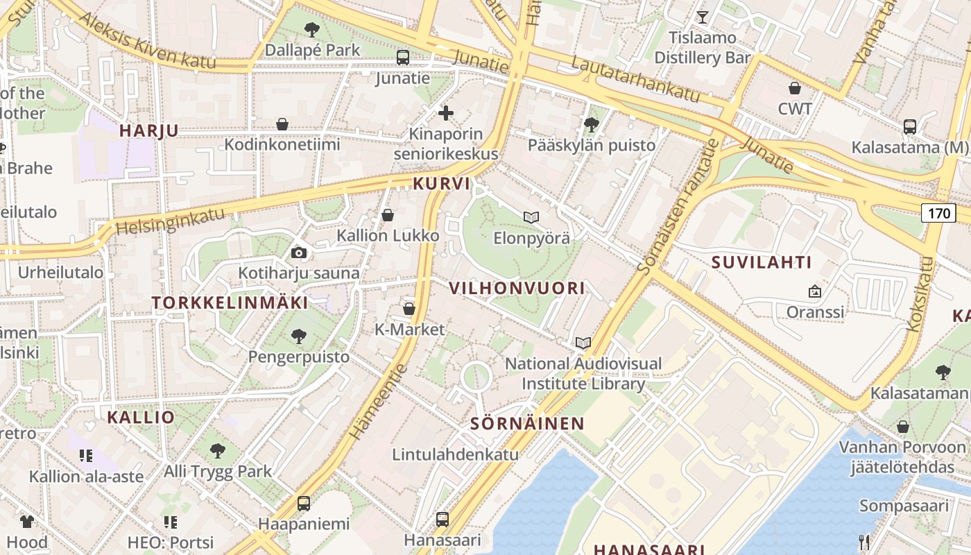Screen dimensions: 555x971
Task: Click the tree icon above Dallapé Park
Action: click(312, 29)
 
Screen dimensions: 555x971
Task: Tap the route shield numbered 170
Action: click(938, 212)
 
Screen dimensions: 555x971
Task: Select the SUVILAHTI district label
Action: click(761, 262)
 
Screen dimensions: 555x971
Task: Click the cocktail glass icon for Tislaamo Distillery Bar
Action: click(703, 17)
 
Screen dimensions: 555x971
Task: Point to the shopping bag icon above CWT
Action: click(795, 88)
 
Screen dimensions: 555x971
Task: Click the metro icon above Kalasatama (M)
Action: click(909, 127)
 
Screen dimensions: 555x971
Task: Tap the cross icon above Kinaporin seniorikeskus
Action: click(446, 112)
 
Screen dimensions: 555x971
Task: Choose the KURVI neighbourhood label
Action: click(441, 184)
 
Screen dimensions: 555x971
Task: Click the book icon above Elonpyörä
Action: click(531, 218)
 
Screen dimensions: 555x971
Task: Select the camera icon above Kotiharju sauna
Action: click(299, 253)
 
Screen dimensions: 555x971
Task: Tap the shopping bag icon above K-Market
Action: click(409, 309)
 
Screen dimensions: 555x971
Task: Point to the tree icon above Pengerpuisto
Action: click(299, 336)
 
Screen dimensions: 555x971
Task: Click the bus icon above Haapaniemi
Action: click(304, 504)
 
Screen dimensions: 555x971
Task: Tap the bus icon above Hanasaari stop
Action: click(442, 519)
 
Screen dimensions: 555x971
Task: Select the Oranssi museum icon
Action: click(815, 291)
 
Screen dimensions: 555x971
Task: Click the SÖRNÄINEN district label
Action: click(527, 423)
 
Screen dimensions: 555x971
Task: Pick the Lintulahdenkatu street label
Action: click(455, 455)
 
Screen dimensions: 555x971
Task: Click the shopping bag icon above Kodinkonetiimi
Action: click(282, 124)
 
